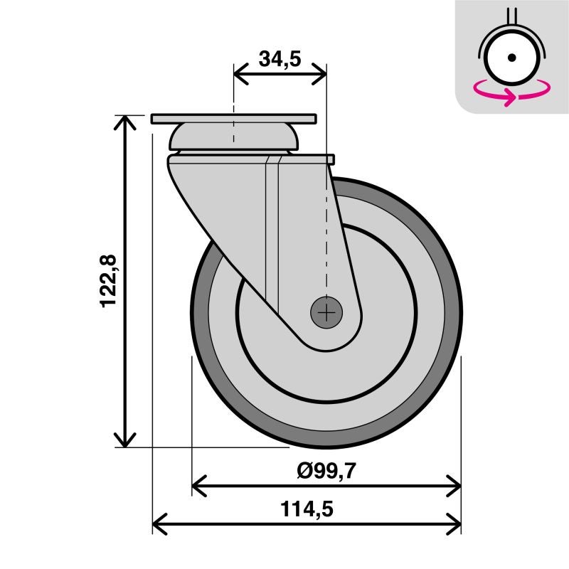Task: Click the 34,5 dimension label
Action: click(x=280, y=58)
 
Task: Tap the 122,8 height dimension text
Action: click(x=109, y=281)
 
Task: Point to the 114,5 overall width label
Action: click(x=307, y=509)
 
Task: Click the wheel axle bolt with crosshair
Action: click(x=326, y=312)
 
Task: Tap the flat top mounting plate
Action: click(x=233, y=118)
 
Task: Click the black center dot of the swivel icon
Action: click(x=511, y=58)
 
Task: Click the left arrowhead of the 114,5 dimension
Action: click(x=159, y=526)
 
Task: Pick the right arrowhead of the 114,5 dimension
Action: click(x=455, y=526)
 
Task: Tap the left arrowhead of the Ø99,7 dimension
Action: click(x=198, y=486)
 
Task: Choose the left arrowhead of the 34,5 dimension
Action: click(x=240, y=73)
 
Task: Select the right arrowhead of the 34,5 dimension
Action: click(x=320, y=73)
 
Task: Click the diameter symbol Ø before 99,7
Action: click(x=304, y=470)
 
